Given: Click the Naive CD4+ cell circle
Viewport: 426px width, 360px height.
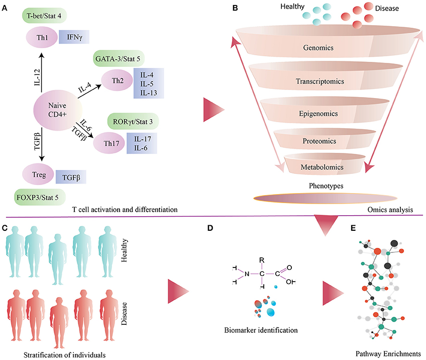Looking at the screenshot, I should (57, 109).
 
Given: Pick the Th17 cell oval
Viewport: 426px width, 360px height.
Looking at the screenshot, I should (108, 141).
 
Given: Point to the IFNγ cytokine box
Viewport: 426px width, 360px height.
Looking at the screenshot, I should (74, 37).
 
